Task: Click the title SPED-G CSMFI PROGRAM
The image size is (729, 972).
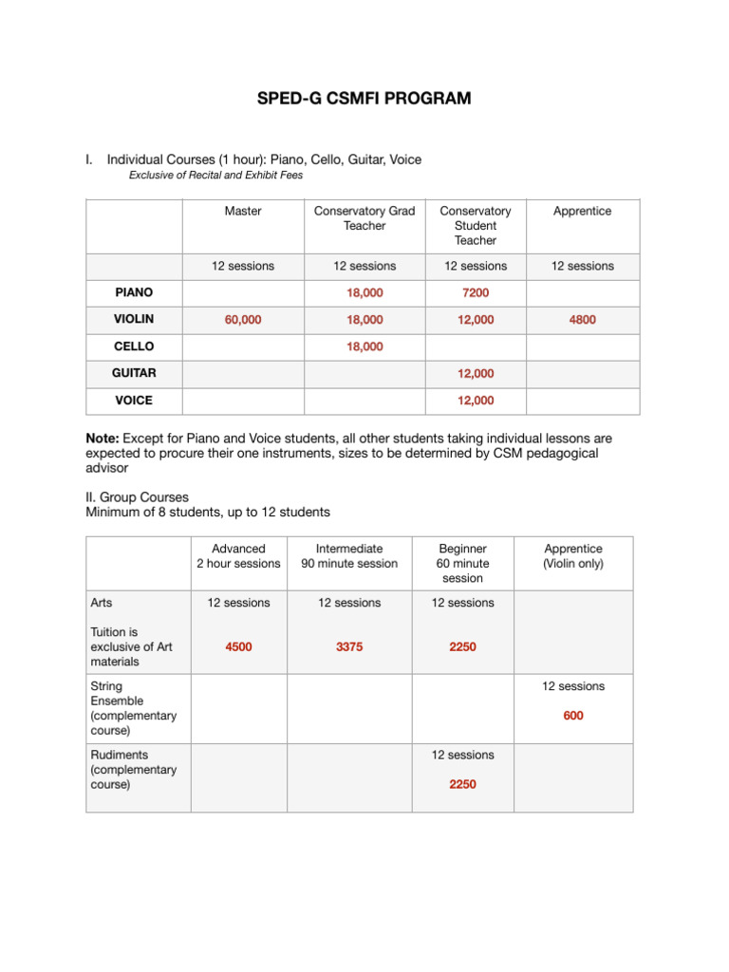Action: [364, 98]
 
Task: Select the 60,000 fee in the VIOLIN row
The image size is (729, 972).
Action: [243, 320]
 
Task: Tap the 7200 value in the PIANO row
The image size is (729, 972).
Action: [476, 293]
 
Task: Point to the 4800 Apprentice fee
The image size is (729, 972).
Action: [583, 320]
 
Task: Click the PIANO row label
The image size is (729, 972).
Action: [134, 293]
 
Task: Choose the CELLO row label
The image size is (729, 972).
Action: [134, 346]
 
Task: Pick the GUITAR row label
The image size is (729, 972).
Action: [134, 373]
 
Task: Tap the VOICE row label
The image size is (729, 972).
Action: [134, 401]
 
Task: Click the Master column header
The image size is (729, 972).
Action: [243, 211]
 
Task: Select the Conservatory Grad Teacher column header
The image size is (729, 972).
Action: [364, 218]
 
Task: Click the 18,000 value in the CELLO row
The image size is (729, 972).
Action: [364, 346]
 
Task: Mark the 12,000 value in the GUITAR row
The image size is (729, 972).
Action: [476, 373]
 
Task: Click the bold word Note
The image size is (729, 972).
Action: [103, 439]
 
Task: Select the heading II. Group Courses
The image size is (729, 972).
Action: [138, 496]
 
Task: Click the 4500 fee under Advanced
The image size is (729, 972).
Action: [238, 646]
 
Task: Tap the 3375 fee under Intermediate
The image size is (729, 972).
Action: [349, 646]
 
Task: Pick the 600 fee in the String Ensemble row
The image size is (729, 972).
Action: [573, 716]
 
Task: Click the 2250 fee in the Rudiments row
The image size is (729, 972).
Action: [462, 784]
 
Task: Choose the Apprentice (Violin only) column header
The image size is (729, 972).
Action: [573, 556]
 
